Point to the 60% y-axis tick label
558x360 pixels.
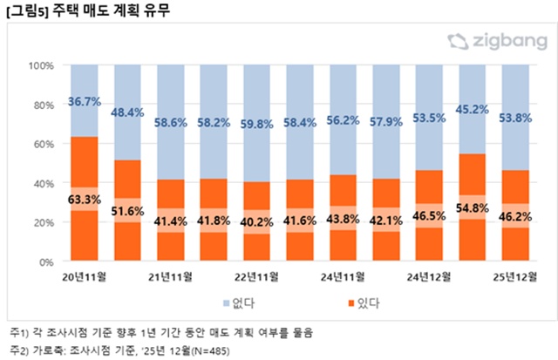click(x=44, y=144)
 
